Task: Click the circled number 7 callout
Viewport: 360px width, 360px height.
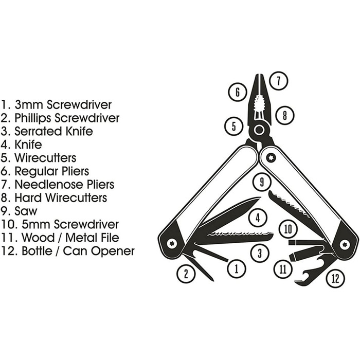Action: coord(278,81)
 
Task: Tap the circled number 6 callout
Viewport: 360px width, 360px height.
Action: coord(237,92)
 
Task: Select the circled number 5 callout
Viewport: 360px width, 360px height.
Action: coord(233,125)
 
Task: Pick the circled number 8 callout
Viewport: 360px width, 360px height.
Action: coord(284,116)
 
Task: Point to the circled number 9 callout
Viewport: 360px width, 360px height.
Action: coord(262,182)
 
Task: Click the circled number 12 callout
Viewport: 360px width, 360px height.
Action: coord(335,279)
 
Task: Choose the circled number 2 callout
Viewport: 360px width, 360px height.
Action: coord(186,274)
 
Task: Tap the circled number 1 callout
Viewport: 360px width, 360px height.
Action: coord(236,267)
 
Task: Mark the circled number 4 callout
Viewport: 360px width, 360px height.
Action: coord(258,218)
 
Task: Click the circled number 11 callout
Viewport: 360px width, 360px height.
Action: coord(282,268)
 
